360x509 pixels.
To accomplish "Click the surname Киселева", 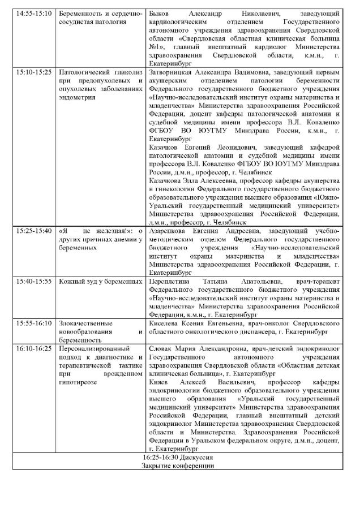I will (x=164, y=323).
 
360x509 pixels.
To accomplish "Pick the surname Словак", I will (x=161, y=349).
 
